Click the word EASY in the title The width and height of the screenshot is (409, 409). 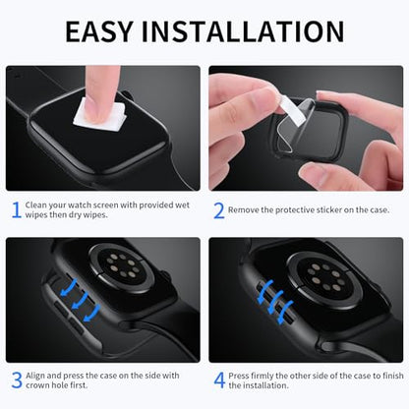pyautogui.click(x=99, y=31)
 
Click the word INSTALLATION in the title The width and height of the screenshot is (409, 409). pyautogui.click(x=243, y=31)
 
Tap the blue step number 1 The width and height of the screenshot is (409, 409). pyautogui.click(x=17, y=209)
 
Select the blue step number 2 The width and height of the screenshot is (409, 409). pyautogui.click(x=219, y=210)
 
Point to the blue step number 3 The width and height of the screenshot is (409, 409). pyautogui.click(x=17, y=380)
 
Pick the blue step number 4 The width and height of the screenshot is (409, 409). pyautogui.click(x=219, y=380)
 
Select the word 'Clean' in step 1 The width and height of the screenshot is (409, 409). pyautogui.click(x=35, y=205)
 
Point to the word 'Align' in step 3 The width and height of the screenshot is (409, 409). pyautogui.click(x=35, y=376)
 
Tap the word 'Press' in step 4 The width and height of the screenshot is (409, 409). pyautogui.click(x=239, y=376)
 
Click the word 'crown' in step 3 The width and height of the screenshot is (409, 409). pyautogui.click(x=37, y=385)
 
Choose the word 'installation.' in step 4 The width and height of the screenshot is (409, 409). pyautogui.click(x=264, y=385)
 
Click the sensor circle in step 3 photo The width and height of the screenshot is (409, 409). pyautogui.click(x=122, y=267)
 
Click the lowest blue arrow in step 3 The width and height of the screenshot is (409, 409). pyautogui.click(x=92, y=313)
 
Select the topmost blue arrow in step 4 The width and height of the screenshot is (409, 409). pyautogui.click(x=266, y=292)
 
